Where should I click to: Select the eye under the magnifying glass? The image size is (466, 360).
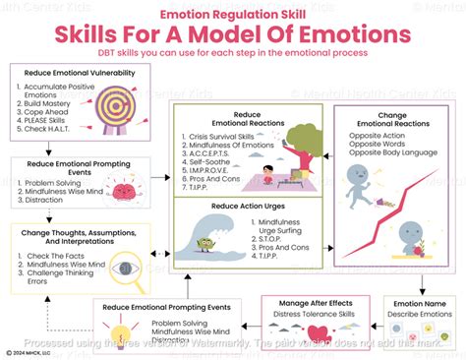point(124,268)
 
